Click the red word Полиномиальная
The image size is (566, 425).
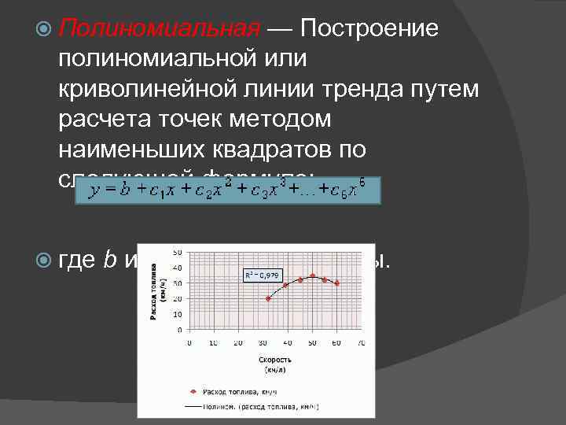pos(159,29)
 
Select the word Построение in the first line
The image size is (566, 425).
pos(369,29)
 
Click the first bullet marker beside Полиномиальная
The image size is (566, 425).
pos(43,30)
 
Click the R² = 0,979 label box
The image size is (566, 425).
pos(260,275)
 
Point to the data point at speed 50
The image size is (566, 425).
pos(312,276)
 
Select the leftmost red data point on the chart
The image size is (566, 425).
pos(268,298)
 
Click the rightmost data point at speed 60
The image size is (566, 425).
pos(336,283)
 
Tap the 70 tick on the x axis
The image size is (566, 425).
pos(361,342)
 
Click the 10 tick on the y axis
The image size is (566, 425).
pos(179,314)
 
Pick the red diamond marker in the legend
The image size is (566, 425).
pos(193,391)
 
